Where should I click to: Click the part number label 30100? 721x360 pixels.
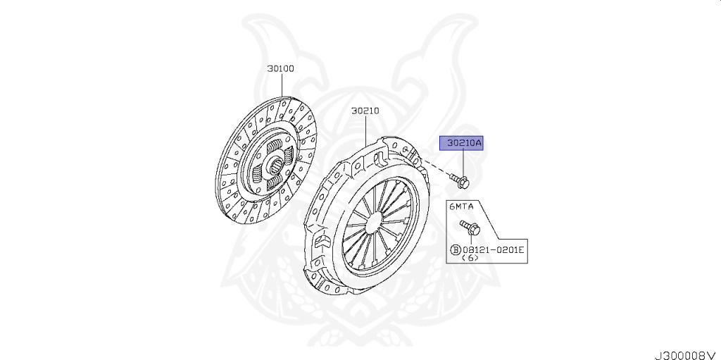[x=280, y=69]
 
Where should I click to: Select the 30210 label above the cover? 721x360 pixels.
[x=365, y=111]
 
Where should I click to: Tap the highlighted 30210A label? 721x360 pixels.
[x=461, y=144]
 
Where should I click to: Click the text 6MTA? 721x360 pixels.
[x=462, y=206]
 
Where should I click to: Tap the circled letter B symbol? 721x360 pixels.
[x=456, y=249]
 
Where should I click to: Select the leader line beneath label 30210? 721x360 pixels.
[x=366, y=130]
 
